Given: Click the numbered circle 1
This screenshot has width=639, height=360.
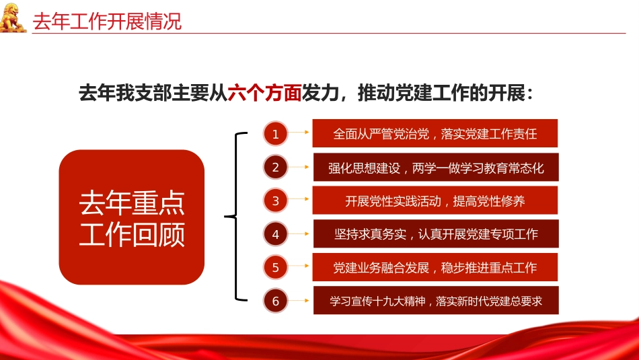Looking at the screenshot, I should coord(275,134).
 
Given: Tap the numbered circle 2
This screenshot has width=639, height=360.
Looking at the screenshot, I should coord(275,168).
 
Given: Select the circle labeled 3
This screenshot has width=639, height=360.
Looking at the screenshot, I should coord(275,201).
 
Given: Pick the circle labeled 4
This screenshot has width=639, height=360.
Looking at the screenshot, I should coord(275,234).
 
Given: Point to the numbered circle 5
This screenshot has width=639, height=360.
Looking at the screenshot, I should coord(275,268).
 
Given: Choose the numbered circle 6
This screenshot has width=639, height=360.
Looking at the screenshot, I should coord(275,301).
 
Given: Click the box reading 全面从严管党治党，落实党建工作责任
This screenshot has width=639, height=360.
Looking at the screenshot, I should coord(435,133).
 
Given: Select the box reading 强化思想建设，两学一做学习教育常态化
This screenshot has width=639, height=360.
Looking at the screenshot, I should coord(436,168).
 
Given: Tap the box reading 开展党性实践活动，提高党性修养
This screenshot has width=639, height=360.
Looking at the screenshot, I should coord(435,201).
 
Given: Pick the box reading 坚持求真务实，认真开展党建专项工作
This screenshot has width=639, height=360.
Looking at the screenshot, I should coord(436,234).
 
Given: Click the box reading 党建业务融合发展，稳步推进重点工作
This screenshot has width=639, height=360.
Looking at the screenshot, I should coord(435,268).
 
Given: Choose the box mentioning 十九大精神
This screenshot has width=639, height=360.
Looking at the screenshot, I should coord(436,301).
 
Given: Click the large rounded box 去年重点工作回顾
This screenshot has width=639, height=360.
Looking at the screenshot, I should coord(132,217).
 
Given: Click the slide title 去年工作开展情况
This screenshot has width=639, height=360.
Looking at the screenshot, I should coord(108,21).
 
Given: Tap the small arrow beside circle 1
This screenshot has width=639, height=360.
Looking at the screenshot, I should coord(300,133).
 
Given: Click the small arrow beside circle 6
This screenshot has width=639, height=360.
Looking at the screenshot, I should coord(300,301).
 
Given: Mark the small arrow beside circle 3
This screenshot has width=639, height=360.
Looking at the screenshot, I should coord(300,201).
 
